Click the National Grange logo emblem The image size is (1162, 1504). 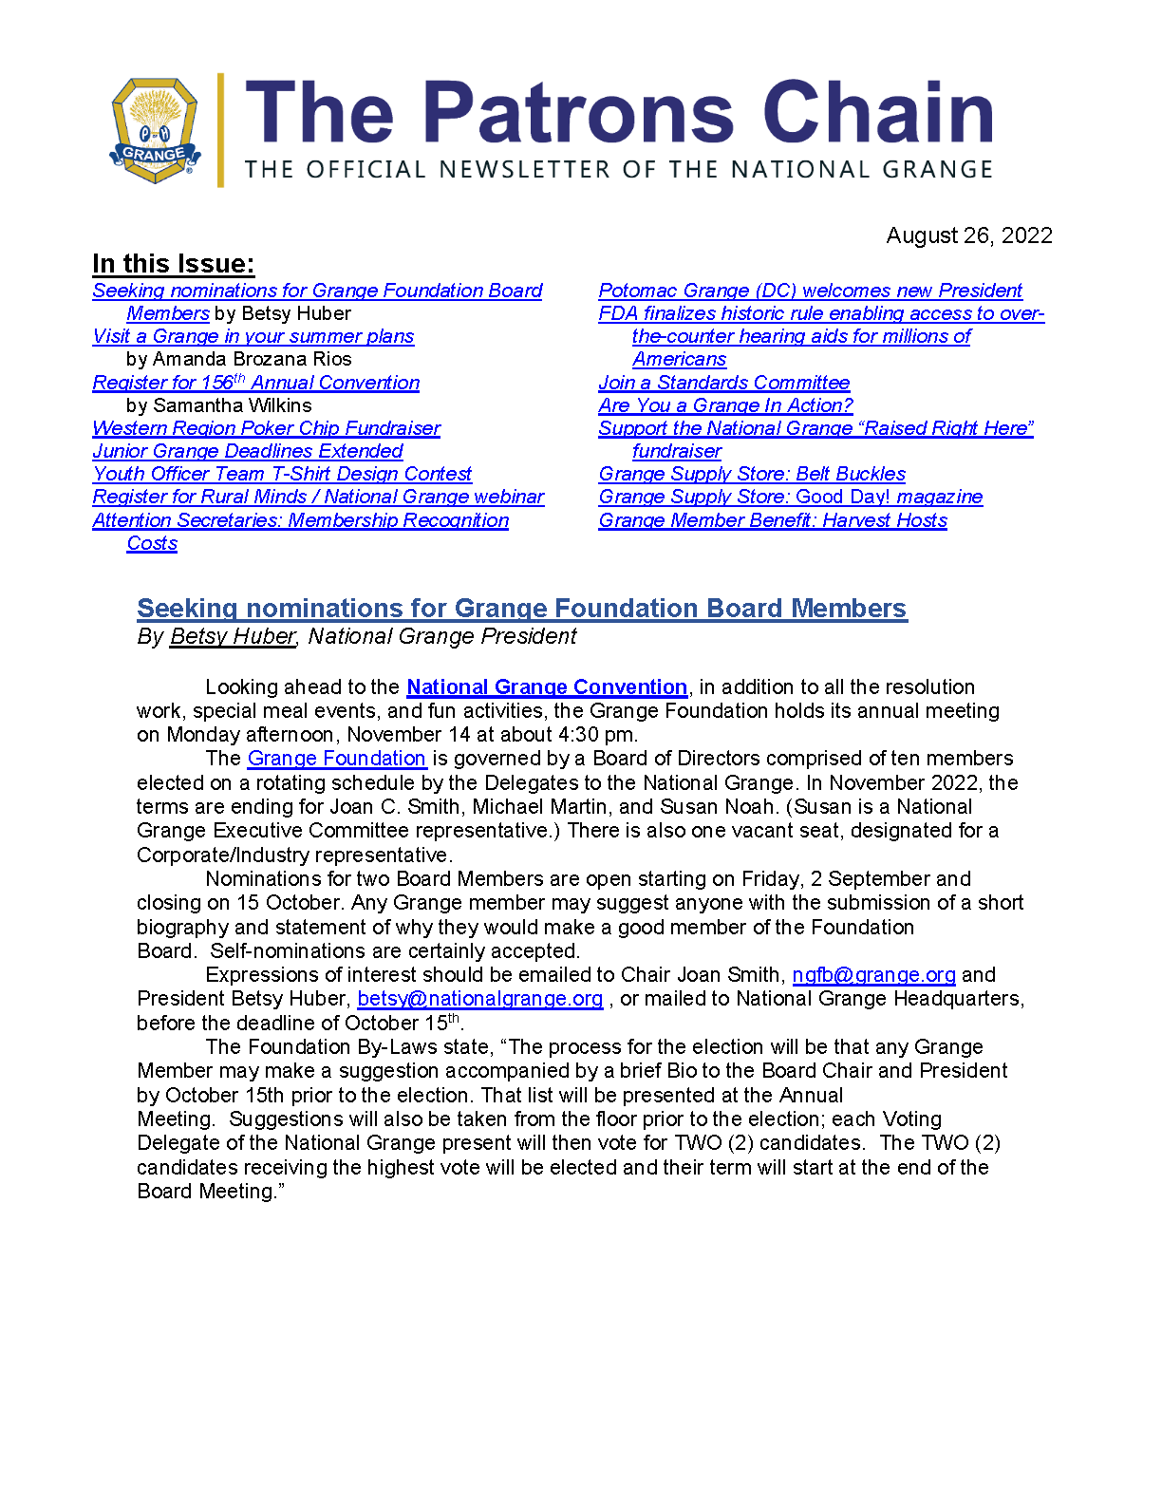pyautogui.click(x=156, y=130)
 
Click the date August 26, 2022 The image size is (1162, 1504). pyautogui.click(x=968, y=235)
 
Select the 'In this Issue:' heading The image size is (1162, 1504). pyautogui.click(x=174, y=264)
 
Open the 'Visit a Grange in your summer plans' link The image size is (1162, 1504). pyautogui.click(x=253, y=336)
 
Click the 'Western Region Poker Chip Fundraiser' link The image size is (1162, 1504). pyautogui.click(x=267, y=428)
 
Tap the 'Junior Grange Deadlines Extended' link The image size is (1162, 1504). pyautogui.click(x=248, y=451)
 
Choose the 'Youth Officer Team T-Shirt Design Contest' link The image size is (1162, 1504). pyautogui.click(x=282, y=474)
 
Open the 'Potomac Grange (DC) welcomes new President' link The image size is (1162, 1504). pyautogui.click(x=810, y=291)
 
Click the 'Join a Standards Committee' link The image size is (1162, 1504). pyautogui.click(x=723, y=383)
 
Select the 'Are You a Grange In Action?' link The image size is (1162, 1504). pyautogui.click(x=725, y=405)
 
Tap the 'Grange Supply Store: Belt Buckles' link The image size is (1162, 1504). pyautogui.click(x=752, y=474)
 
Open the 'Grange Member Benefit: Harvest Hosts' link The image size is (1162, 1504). pyautogui.click(x=773, y=520)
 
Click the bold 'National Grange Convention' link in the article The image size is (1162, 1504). pyautogui.click(x=547, y=686)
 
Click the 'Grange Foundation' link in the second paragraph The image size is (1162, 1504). pyautogui.click(x=336, y=759)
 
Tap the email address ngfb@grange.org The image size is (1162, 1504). pyautogui.click(x=873, y=975)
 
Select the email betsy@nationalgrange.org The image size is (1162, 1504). pyautogui.click(x=479, y=999)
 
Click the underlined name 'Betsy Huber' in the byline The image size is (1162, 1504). pyautogui.click(x=233, y=636)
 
